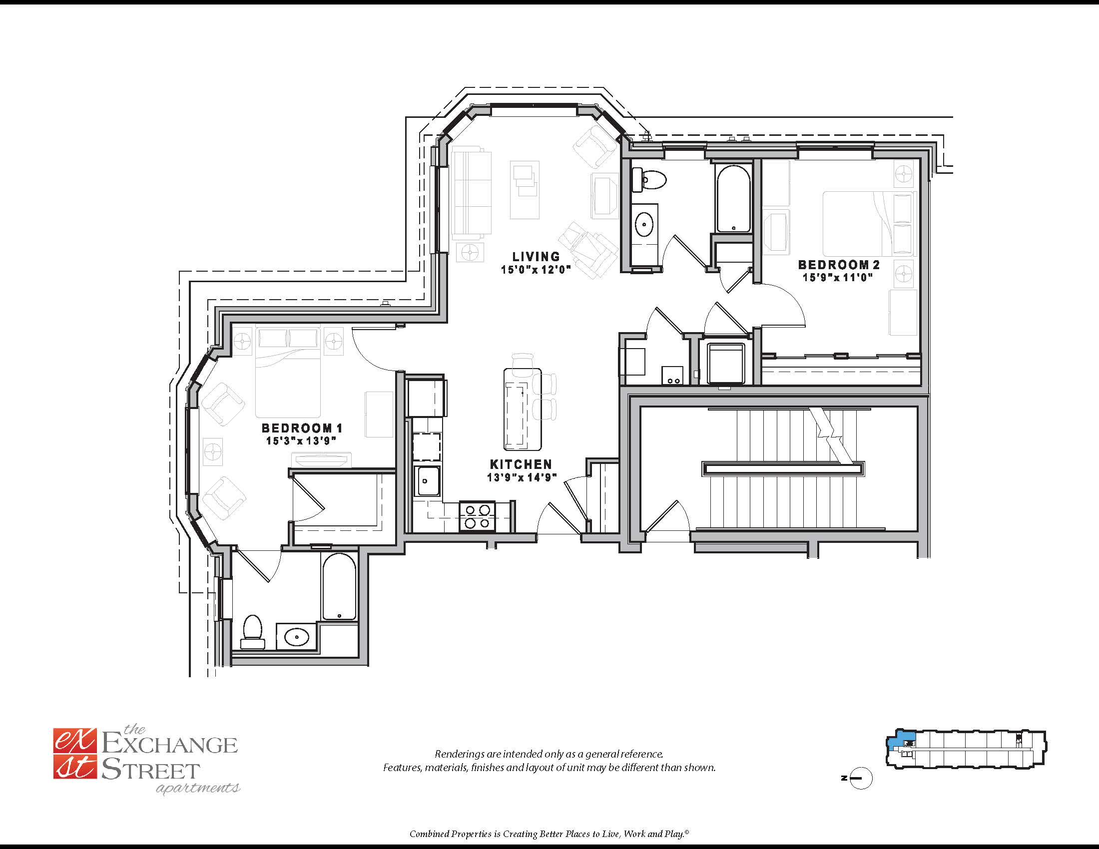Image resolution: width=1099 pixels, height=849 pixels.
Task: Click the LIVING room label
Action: click(x=536, y=257)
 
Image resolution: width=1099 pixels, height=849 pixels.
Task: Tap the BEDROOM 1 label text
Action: click(x=302, y=428)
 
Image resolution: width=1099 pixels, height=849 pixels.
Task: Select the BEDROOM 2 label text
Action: click(x=838, y=265)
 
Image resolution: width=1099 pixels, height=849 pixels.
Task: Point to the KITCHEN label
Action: click(x=521, y=464)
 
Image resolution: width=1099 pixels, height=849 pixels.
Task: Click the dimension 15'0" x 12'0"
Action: click(x=536, y=270)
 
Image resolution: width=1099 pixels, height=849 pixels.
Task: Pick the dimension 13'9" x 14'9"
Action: click(x=522, y=477)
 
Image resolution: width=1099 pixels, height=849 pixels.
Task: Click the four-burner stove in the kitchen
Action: click(x=477, y=516)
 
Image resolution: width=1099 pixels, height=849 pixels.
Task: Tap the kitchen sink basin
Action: click(x=428, y=481)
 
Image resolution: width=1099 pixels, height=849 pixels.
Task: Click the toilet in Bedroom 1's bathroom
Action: click(x=253, y=631)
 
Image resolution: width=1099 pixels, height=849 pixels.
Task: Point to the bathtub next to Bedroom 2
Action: click(x=733, y=199)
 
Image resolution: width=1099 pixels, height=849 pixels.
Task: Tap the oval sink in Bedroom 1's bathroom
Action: click(x=296, y=637)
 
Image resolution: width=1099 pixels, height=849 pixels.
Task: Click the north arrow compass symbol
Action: click(x=861, y=778)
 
